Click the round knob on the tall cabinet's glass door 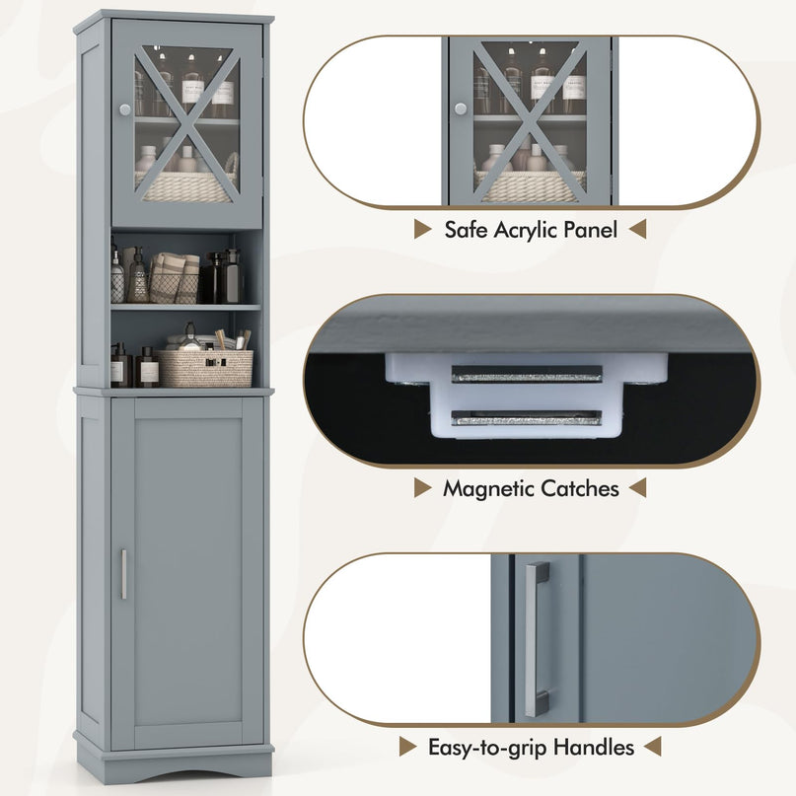[x=125, y=109]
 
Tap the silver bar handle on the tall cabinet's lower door [x=123, y=574]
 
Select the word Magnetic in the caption [x=489, y=489]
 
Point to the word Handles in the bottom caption [x=594, y=748]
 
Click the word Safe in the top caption [x=466, y=230]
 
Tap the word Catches [x=580, y=488]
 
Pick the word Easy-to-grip [x=488, y=749]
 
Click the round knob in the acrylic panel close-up [x=461, y=109]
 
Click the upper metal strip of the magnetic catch [x=527, y=374]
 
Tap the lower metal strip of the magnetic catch [x=527, y=418]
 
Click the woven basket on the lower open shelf [x=205, y=368]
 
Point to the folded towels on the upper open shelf [x=175, y=277]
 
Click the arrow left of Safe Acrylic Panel [x=422, y=229]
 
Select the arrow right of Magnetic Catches [x=637, y=488]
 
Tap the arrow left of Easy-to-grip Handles [x=407, y=747]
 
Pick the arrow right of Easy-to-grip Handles [x=652, y=747]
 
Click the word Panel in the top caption [x=589, y=230]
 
